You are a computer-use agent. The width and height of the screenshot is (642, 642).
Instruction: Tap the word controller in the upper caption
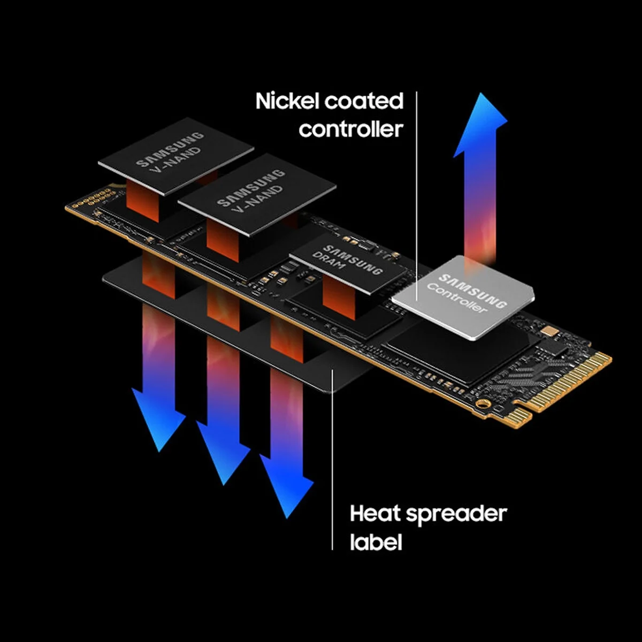coord(350,129)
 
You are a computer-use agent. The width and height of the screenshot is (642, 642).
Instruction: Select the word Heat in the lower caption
coord(375,514)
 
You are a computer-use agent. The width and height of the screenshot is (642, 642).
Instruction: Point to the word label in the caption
coord(376,541)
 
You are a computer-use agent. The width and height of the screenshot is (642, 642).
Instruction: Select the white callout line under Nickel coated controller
coord(416,177)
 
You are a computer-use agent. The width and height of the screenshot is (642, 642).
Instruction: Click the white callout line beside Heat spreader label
coord(333,460)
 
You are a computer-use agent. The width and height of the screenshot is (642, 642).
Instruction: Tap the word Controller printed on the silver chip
coord(458,300)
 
